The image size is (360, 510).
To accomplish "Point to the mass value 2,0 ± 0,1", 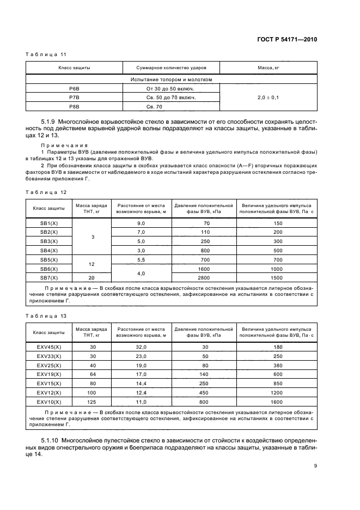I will coord(268,98).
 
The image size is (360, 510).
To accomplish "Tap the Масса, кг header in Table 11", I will coord(268,68).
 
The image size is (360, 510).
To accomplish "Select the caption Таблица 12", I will coord(47,192).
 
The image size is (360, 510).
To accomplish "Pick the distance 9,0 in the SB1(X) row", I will coord(141,223).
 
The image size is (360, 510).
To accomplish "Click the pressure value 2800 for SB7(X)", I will coord(203,277).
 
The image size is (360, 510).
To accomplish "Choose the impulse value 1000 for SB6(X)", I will coord(277,268).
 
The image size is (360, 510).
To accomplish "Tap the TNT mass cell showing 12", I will coord(91,264).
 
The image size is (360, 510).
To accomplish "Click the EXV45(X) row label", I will coord(49,348).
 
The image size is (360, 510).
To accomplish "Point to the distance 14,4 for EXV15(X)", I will coord(141,383).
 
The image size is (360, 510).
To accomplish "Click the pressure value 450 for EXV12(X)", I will coord(203,392).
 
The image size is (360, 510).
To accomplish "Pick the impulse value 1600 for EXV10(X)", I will coord(277,401).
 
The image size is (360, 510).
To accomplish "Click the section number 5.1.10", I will coord(50,439).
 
